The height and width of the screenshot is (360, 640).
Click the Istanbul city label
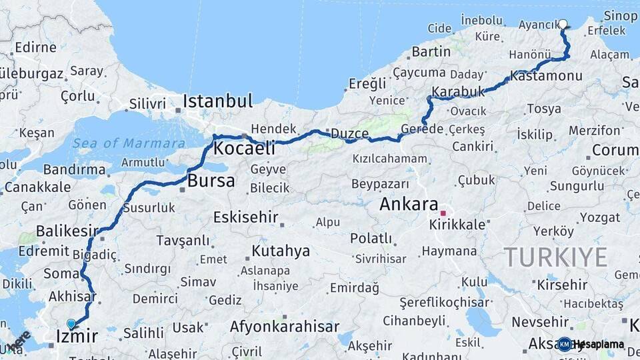click(x=218, y=102)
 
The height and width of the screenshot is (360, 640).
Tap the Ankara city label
click(x=408, y=205)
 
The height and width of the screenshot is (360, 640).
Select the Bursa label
click(x=211, y=181)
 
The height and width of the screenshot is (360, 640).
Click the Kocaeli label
click(x=244, y=148)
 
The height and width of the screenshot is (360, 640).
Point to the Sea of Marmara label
click(x=129, y=143)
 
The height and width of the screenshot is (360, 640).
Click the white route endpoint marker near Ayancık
click(x=563, y=25)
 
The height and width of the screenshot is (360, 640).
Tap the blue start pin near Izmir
click(x=71, y=324)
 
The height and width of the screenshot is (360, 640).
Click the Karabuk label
click(x=457, y=91)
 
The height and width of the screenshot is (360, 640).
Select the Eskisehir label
click(x=245, y=217)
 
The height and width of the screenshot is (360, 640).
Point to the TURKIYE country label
click(x=555, y=257)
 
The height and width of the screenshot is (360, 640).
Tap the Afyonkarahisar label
click(x=285, y=327)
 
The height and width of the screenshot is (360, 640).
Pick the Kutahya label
click(x=280, y=251)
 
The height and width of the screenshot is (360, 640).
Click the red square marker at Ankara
click(x=443, y=213)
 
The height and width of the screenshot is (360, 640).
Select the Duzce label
click(x=349, y=134)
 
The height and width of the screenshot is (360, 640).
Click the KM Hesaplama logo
click(x=591, y=344)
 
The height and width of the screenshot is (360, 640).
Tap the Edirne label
click(x=35, y=47)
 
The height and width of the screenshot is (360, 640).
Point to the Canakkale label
click(x=37, y=187)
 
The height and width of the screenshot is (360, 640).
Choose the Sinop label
click(x=620, y=16)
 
